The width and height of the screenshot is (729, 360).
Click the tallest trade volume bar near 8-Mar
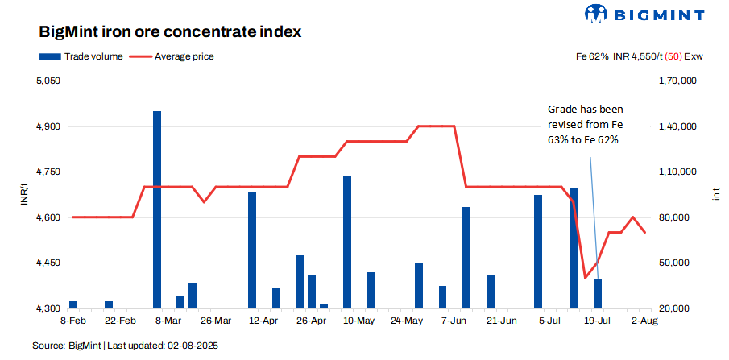[157, 209]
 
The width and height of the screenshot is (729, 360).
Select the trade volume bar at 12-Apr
[252, 250]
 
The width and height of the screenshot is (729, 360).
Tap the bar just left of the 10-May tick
[347, 242]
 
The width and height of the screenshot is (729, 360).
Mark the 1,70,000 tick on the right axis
[677, 81]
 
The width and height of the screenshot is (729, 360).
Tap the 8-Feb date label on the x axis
[73, 321]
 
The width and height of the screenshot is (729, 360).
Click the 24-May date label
[406, 321]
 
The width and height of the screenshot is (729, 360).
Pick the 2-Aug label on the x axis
[644, 321]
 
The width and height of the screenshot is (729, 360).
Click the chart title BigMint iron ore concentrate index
[170, 33]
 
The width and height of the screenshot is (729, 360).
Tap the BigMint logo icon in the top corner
[595, 14]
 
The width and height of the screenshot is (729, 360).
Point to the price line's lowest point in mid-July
[586, 278]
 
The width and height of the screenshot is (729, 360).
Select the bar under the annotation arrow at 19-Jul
[598, 294]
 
